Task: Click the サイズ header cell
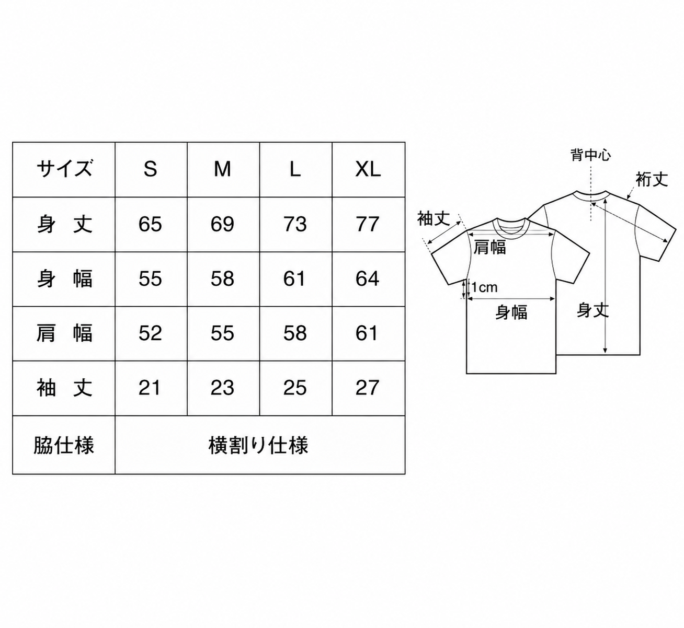point(64,169)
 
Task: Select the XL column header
point(368,169)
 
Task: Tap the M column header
point(222,169)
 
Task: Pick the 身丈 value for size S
point(150,224)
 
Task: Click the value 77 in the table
point(368,224)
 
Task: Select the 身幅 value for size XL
point(368,278)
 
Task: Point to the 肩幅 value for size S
point(150,333)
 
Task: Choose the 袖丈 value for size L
point(295,388)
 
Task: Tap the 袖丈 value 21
point(150,388)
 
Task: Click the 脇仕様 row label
point(64,445)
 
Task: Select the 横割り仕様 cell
point(258,445)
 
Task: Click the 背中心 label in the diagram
point(590,155)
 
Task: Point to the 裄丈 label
point(652,179)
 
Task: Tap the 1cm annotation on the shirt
point(485,287)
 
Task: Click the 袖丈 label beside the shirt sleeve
point(434,219)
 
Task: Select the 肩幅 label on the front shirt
point(489,247)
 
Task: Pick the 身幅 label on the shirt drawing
point(511,312)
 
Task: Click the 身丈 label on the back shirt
point(592,310)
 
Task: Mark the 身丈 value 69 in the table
point(222,224)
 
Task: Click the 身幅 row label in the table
point(64,278)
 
